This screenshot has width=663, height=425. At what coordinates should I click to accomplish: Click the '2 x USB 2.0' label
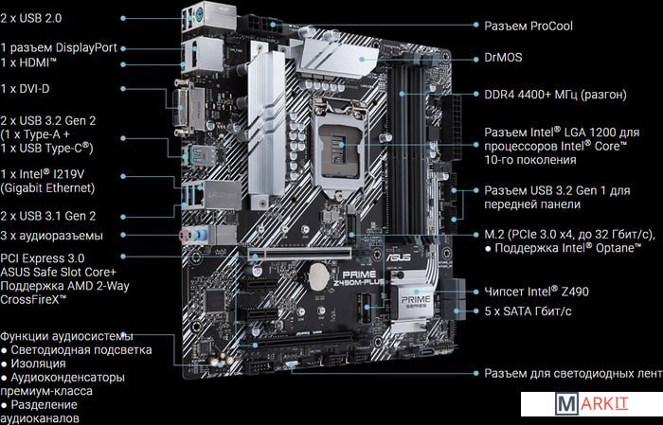[31, 18]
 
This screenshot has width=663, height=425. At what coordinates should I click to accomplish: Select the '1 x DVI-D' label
[25, 89]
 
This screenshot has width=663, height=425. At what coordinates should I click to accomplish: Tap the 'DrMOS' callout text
[503, 58]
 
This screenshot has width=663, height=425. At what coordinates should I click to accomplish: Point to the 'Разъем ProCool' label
[529, 26]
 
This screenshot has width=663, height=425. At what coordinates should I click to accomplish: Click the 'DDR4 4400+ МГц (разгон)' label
[555, 95]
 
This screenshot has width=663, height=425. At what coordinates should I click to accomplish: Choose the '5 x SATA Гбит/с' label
[528, 311]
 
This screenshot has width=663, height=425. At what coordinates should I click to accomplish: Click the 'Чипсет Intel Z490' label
[537, 292]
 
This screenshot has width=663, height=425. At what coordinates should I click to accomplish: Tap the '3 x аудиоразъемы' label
[51, 236]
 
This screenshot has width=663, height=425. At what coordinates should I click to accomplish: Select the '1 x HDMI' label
[28, 62]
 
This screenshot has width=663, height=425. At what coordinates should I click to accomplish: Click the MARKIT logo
[592, 404]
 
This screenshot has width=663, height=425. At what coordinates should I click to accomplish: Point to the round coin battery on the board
[318, 276]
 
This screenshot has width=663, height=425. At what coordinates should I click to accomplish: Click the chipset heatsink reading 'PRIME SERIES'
[414, 301]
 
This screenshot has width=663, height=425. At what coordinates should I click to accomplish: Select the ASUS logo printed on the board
[399, 257]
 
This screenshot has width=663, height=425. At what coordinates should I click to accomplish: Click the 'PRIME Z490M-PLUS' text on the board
[359, 278]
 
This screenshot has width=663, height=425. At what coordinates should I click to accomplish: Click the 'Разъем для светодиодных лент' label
[573, 374]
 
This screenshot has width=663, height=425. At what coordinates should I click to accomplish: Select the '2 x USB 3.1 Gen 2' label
[48, 216]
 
